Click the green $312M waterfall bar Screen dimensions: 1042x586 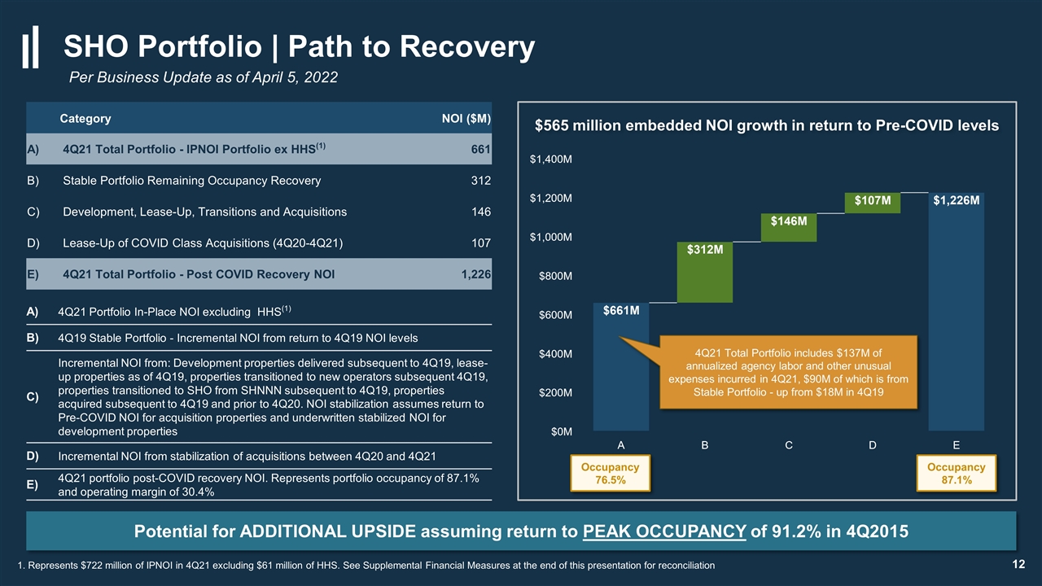click(x=705, y=272)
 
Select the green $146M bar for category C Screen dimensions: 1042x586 click(x=789, y=227)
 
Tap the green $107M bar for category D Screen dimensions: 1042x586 click(x=872, y=203)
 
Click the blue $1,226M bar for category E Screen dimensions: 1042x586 click(x=956, y=312)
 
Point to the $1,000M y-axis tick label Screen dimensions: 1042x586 click(x=551, y=237)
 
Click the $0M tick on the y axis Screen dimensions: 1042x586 click(x=562, y=431)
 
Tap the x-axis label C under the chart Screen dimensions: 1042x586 click(x=789, y=445)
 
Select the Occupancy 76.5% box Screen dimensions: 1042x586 click(x=610, y=473)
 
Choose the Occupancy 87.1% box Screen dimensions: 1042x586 click(x=956, y=473)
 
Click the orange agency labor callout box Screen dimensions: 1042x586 click(x=789, y=372)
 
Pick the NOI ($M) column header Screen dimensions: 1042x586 click(x=466, y=119)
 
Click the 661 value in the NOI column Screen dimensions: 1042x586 click(x=481, y=149)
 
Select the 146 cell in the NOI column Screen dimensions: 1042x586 click(x=481, y=212)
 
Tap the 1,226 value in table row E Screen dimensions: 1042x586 click(x=476, y=274)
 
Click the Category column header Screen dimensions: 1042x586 click(x=85, y=119)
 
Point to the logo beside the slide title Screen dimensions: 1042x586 click(x=31, y=46)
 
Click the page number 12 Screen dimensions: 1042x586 click(x=1018, y=564)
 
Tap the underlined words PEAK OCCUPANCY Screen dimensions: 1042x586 click(x=664, y=531)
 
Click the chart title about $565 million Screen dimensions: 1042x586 click(x=767, y=125)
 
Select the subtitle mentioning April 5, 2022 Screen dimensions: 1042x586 click(x=204, y=77)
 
